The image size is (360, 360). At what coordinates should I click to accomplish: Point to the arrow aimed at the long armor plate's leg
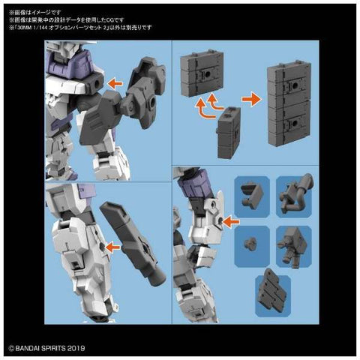(x=112, y=245)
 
